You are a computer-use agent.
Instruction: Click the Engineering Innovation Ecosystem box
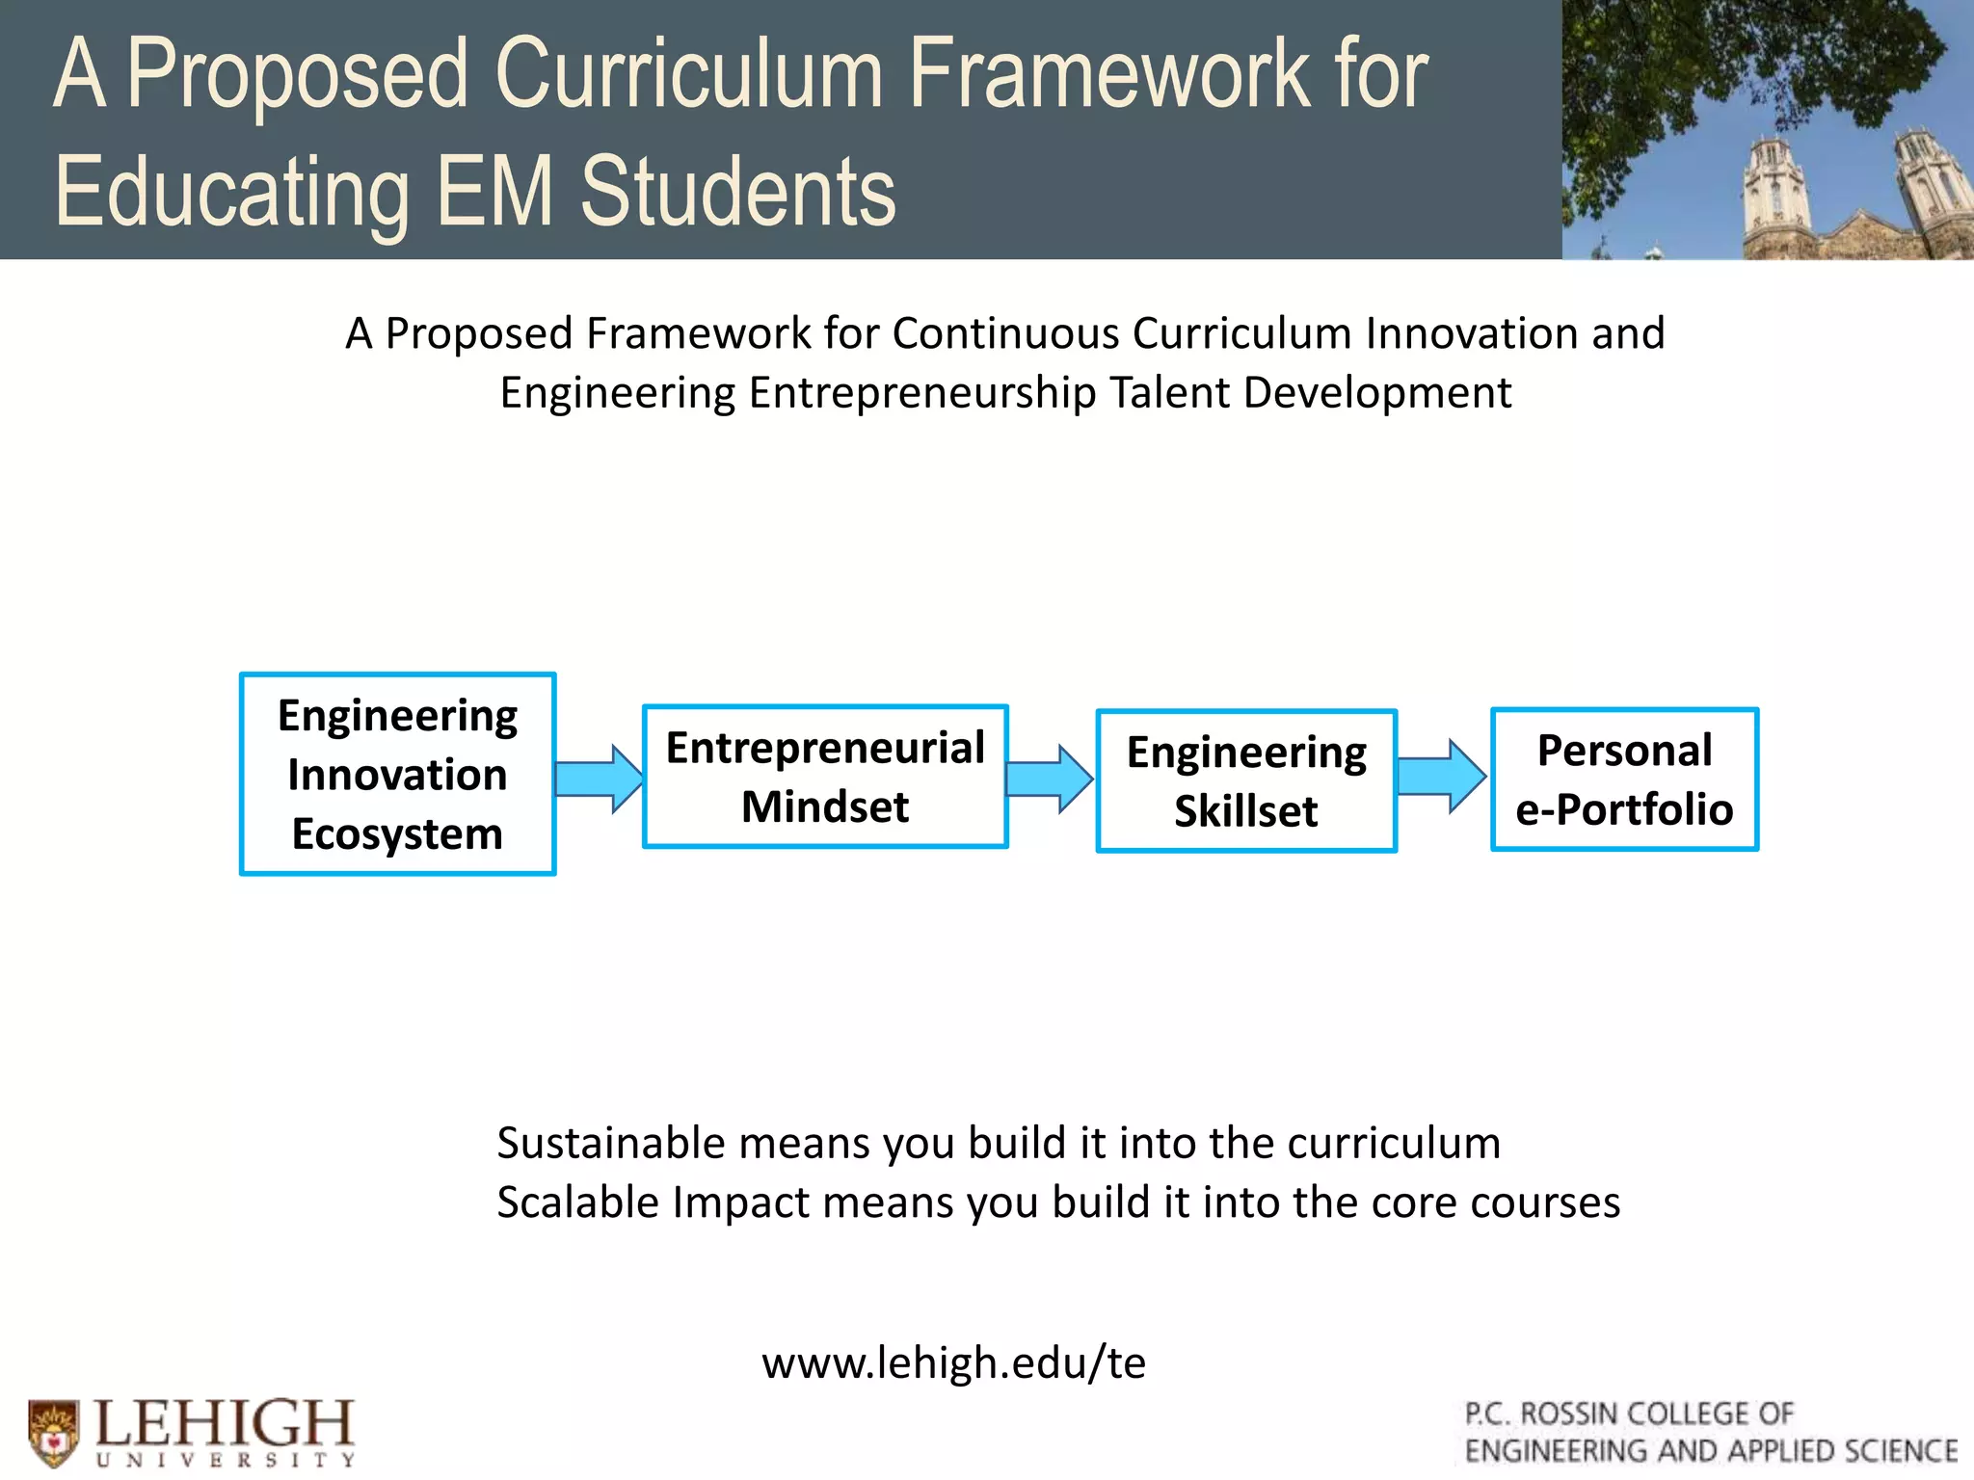397,774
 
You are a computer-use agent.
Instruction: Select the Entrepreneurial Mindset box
825,777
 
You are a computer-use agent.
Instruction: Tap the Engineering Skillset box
1246,781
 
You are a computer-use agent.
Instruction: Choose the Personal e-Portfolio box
1624,780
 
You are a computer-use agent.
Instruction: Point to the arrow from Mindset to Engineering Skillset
1050,779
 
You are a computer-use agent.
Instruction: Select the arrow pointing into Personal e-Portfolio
1441,777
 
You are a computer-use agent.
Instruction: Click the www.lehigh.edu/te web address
953,1362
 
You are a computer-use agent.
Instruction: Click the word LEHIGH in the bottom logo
226,1422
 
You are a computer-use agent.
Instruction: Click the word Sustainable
611,1143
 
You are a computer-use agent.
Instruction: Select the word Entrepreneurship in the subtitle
922,393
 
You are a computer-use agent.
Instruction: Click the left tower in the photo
1775,193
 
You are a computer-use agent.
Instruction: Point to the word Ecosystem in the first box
397,834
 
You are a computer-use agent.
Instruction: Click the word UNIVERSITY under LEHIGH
226,1461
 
